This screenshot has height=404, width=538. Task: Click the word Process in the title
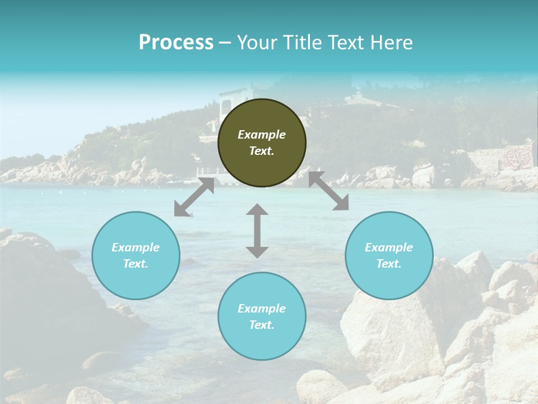(176, 43)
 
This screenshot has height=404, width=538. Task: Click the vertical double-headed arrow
(257, 231)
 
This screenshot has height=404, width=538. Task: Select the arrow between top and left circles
(194, 197)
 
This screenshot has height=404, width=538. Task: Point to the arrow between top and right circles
(328, 191)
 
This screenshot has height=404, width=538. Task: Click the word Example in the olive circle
(262, 135)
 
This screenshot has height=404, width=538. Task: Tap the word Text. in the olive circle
(262, 151)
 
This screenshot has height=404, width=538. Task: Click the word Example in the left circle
(136, 247)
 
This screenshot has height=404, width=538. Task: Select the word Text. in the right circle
(389, 264)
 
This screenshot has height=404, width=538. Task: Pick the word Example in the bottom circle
(262, 309)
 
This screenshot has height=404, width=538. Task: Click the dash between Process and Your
(225, 43)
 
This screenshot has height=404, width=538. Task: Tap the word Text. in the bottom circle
(262, 325)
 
